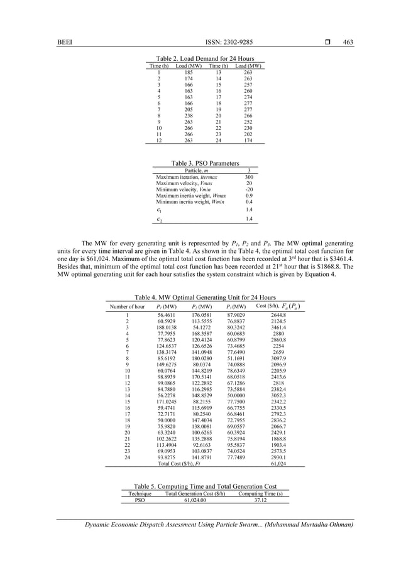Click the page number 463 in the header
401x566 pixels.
coord(348,43)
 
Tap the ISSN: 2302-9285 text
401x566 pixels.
coord(228,43)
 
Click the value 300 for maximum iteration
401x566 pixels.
coord(249,178)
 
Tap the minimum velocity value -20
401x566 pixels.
coord(249,190)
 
